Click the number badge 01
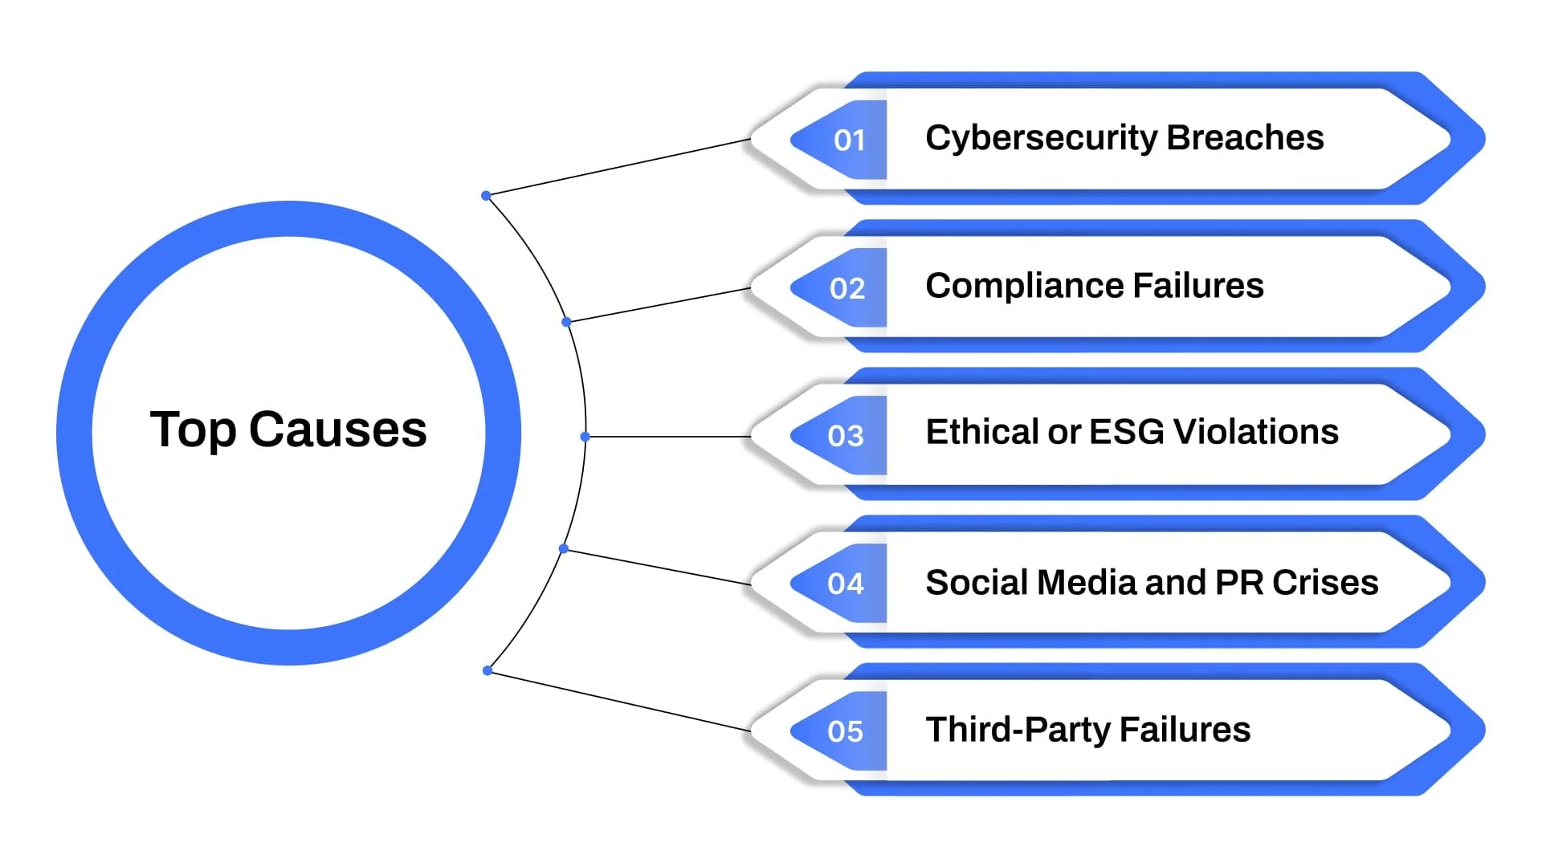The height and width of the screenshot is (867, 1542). (x=848, y=140)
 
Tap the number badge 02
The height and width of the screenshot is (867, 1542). (x=847, y=288)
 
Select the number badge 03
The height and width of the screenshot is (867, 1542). (x=846, y=436)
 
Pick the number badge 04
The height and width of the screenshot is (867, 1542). (x=846, y=584)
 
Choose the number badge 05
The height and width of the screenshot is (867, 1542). (x=846, y=731)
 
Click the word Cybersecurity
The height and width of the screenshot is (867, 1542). (x=1041, y=138)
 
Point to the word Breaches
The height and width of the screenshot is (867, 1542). (x=1245, y=137)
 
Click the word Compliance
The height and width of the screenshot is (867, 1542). (x=1023, y=286)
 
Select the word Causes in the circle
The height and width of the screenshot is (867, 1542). (x=337, y=430)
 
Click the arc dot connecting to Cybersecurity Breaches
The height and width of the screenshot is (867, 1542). (x=486, y=196)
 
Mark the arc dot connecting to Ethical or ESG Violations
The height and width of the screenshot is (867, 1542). (x=585, y=437)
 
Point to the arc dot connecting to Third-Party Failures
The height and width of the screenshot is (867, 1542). (x=487, y=670)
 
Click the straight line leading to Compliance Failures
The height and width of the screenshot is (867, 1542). (x=659, y=305)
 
